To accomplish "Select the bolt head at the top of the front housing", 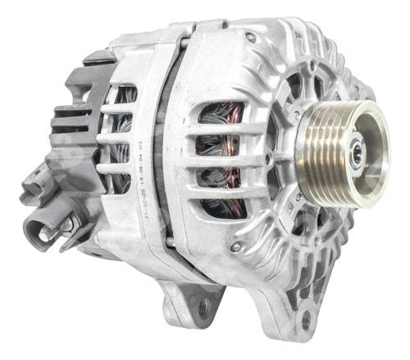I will (x=251, y=36).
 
